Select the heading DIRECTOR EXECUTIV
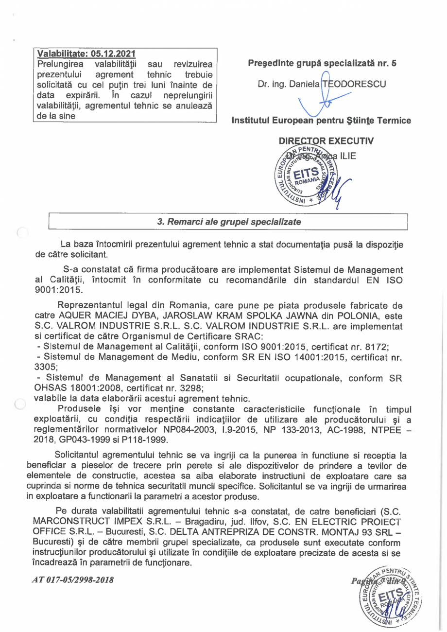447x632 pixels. coord(326,141)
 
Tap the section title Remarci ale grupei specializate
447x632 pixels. coord(229,221)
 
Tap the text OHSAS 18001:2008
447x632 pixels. coord(72,388)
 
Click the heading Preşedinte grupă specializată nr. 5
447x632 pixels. coord(322,63)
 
